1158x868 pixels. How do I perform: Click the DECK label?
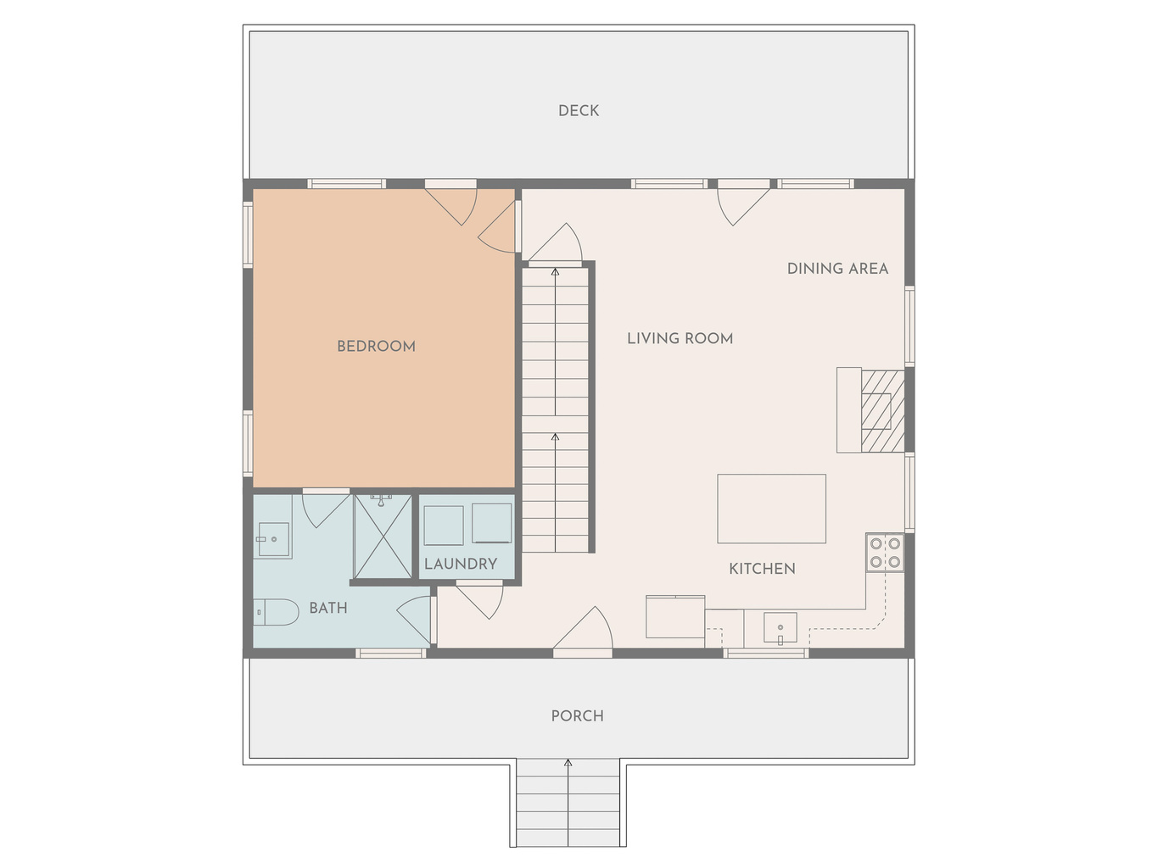579,111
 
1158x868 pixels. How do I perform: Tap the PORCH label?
577,715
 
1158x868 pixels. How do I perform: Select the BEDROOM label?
376,346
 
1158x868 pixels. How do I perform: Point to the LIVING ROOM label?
680,338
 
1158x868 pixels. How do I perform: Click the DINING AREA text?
838,269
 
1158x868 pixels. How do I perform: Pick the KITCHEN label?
763,569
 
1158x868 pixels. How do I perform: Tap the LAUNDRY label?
461,564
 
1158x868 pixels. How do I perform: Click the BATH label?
328,608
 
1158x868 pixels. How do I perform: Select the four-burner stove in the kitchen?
885,553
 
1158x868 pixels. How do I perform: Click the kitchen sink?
780,628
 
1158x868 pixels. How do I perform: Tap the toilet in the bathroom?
276,612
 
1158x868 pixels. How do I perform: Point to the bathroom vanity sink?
273,539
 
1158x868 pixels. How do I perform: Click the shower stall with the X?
383,537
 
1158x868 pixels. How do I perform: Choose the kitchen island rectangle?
771,509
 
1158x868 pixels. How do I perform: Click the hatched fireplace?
882,411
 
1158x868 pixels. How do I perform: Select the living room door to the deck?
743,203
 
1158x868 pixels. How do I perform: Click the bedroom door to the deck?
451,203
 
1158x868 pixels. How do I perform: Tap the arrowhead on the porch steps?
568,763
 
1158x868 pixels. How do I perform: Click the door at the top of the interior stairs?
556,243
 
